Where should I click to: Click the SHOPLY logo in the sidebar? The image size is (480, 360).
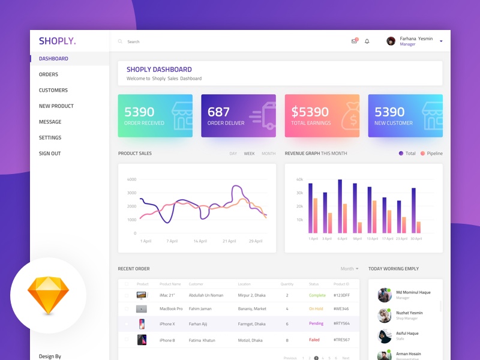(x=58, y=41)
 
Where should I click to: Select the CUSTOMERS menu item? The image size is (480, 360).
(x=53, y=91)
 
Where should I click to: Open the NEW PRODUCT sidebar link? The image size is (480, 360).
(x=56, y=106)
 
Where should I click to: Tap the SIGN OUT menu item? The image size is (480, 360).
(x=50, y=154)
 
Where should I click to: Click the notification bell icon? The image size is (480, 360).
(x=367, y=41)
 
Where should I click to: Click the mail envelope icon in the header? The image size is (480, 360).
(x=354, y=41)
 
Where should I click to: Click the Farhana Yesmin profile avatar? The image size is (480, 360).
(x=391, y=41)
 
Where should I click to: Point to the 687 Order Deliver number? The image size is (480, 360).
(x=218, y=112)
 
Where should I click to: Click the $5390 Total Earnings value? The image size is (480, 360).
(x=310, y=112)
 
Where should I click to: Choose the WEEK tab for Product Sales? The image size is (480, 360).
(x=249, y=154)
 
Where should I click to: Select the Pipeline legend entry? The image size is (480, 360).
(x=431, y=154)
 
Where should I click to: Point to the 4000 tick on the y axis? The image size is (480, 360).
(x=131, y=179)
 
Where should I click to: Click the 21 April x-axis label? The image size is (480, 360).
(x=229, y=241)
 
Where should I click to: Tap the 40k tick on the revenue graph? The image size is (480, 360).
(x=299, y=179)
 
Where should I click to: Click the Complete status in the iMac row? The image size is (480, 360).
(x=317, y=295)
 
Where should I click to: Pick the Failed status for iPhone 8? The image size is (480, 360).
(x=314, y=340)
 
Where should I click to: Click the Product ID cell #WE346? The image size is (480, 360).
(x=341, y=309)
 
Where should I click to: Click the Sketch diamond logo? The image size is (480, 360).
(x=48, y=296)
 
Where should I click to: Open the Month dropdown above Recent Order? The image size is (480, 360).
(x=349, y=269)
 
